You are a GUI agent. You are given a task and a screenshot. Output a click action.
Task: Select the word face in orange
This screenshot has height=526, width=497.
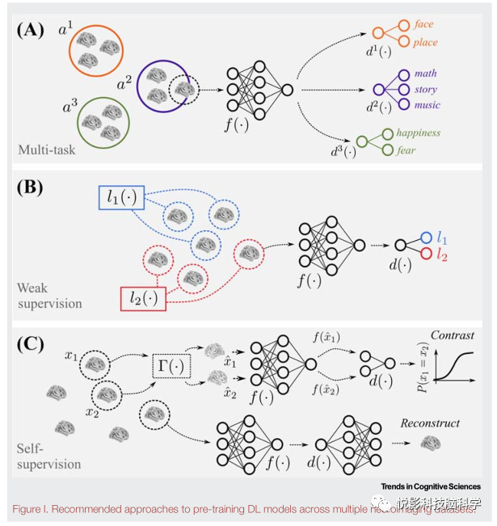pos(424,25)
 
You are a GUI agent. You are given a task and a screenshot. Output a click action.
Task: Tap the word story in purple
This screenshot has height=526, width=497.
pos(425,89)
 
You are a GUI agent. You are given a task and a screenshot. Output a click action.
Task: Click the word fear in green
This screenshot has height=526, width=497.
pos(406,150)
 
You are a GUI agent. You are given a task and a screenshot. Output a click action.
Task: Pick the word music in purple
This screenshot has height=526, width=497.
pos(426,105)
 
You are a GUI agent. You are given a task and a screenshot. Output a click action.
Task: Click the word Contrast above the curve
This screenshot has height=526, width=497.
pos(453,335)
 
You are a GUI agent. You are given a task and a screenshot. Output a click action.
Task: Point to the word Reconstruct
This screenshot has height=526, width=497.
pos(430,423)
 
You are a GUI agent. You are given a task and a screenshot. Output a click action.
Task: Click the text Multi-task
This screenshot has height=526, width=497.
pos(48,150)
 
